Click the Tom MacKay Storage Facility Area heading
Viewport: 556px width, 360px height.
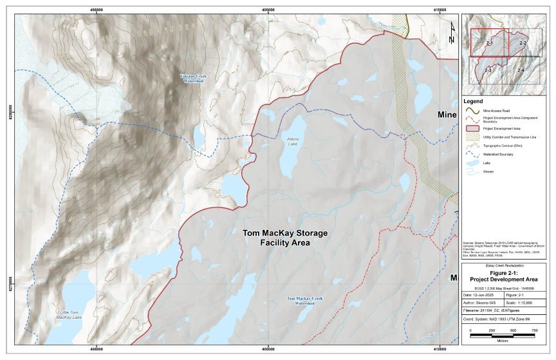pos(276,238)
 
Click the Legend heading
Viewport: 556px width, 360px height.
pos(474,102)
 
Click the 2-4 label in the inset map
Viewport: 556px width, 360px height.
pos(519,69)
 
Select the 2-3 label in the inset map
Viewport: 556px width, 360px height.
pos(488,69)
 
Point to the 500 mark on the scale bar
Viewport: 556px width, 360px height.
pos(513,330)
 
